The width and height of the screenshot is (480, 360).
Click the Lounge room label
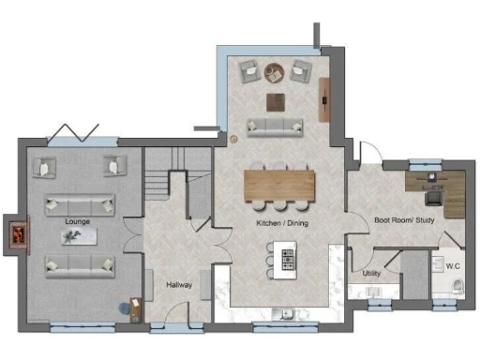[77, 220]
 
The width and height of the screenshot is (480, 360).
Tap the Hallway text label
[179, 284]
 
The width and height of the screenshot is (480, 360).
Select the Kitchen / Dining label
[282, 224]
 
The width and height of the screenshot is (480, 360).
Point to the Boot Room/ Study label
[404, 220]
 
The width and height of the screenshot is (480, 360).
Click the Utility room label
[371, 274]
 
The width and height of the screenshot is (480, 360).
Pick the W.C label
[452, 266]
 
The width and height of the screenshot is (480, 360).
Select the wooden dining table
[278, 183]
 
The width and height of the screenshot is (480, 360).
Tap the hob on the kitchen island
[287, 256]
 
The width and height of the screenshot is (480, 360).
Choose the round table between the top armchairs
[275, 70]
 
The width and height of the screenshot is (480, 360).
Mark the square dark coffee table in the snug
[275, 100]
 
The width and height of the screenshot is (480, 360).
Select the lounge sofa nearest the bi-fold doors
[80, 203]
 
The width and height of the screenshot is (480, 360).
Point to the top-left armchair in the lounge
[44, 167]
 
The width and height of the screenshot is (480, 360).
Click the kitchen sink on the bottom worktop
[278, 313]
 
